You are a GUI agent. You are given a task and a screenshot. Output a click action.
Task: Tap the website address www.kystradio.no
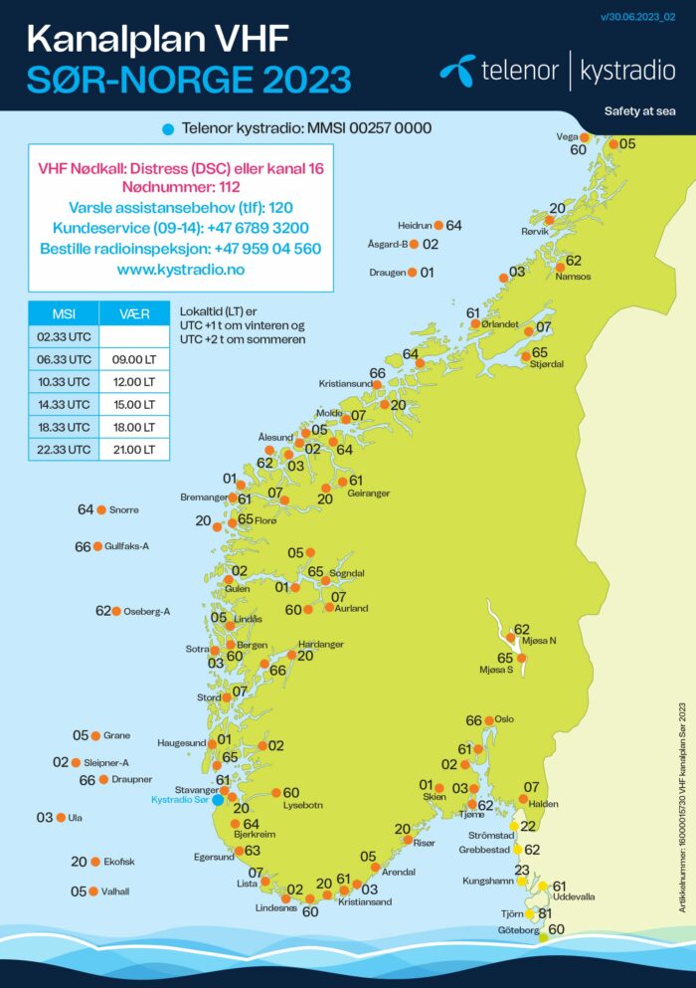tap(180, 270)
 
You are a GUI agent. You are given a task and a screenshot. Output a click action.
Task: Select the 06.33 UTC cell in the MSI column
tap(64, 360)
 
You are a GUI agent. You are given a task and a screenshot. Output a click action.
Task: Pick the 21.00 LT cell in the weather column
tap(134, 450)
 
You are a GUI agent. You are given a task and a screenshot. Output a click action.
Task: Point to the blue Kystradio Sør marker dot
tap(218, 800)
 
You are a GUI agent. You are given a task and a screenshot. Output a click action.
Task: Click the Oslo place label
tap(504, 719)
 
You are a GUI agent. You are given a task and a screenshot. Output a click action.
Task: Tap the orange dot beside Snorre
tap(101, 509)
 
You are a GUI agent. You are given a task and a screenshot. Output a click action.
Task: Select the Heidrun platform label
tap(417, 226)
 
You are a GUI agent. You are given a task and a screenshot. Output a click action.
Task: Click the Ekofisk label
tap(118, 862)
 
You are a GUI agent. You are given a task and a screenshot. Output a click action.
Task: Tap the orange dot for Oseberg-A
tap(116, 611)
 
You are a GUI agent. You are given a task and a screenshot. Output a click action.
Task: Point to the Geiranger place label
tap(369, 494)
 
